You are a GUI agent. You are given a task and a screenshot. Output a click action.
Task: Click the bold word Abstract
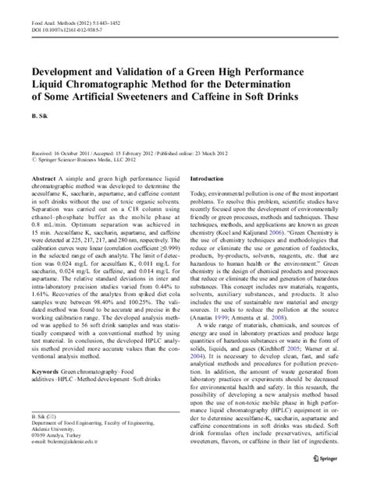[x=45, y=178]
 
